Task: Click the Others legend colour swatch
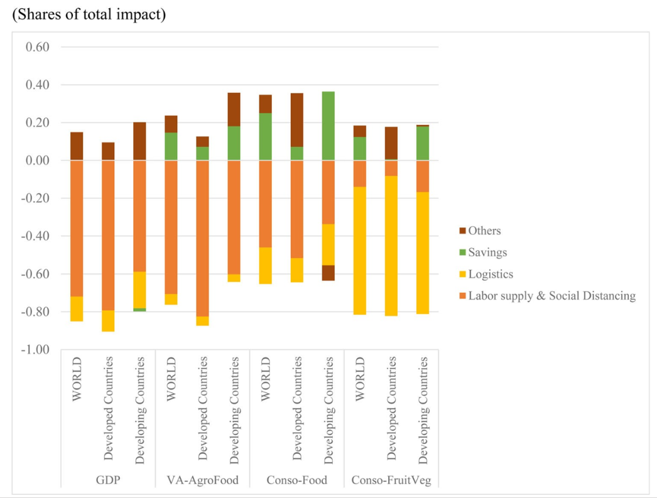click(462, 231)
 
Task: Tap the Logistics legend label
click(491, 274)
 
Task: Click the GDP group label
click(108, 481)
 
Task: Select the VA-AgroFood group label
click(202, 481)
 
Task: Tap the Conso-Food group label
click(296, 481)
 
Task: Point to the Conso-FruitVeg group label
click(391, 481)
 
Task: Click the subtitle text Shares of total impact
click(89, 15)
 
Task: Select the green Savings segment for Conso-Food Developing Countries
click(328, 126)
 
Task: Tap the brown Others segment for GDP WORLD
click(77, 146)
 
